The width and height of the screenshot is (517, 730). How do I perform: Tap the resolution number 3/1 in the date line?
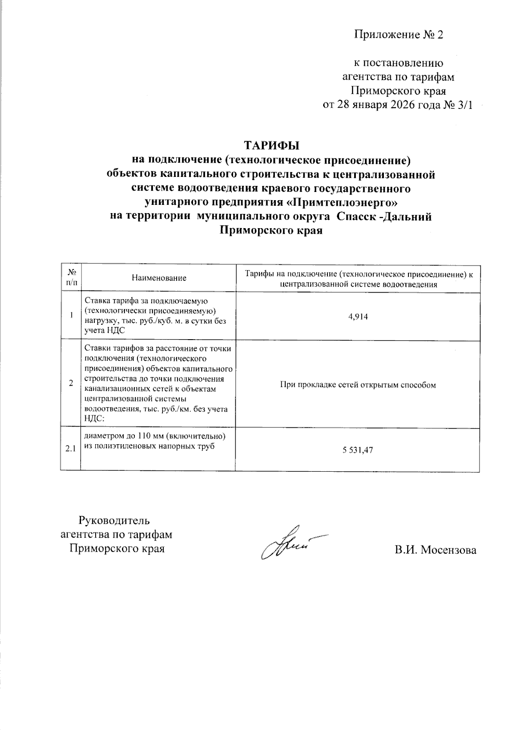point(464,105)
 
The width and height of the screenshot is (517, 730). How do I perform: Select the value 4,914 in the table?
point(358,317)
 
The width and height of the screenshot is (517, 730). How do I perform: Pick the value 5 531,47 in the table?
point(358,450)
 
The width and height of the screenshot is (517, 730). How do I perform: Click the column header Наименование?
point(159,278)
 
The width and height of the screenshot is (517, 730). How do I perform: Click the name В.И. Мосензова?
point(435,550)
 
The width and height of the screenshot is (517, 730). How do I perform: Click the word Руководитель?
point(114,520)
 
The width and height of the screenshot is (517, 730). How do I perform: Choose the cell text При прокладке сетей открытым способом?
point(358,385)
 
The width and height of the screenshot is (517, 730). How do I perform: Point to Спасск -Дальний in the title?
point(384,217)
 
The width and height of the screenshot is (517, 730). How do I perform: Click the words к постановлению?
point(399,63)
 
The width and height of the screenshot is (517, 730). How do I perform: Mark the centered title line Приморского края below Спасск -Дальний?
point(271,231)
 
